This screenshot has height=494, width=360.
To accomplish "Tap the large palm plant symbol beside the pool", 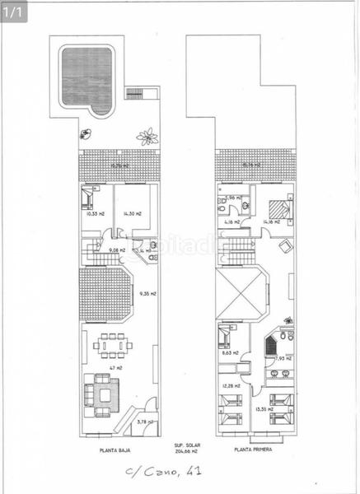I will click(x=147, y=135).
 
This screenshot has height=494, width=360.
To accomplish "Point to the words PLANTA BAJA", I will click(x=113, y=450).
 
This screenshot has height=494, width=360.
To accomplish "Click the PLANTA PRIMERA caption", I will click(x=253, y=450).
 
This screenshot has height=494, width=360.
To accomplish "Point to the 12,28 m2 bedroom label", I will click(x=230, y=385).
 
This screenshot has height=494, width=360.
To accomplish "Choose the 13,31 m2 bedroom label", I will click(x=264, y=409).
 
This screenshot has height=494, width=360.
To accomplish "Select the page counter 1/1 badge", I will click(x=16, y=11).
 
